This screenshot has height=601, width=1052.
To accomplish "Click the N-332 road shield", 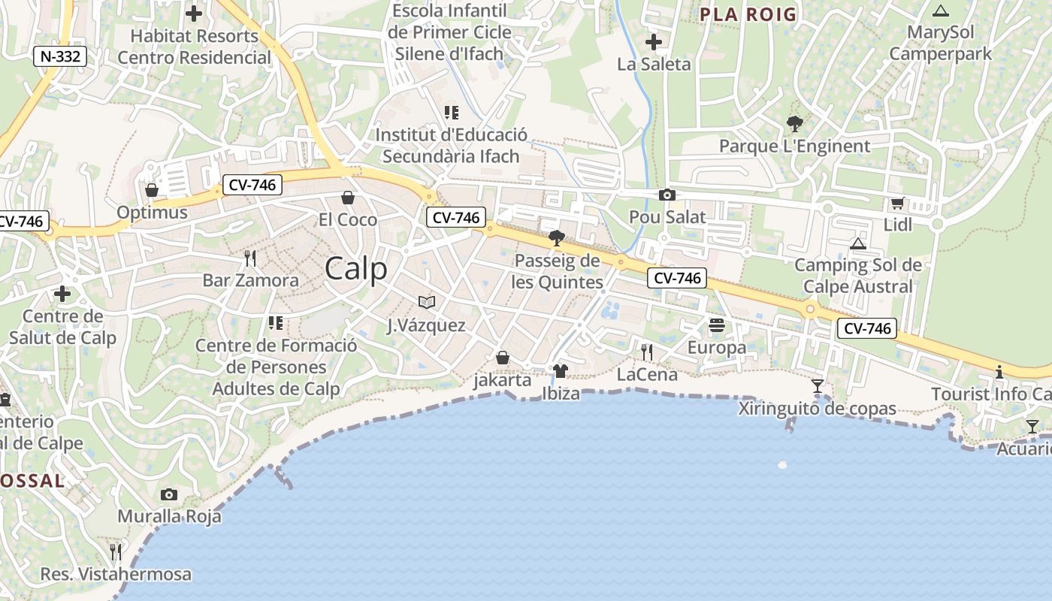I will [x=61, y=56].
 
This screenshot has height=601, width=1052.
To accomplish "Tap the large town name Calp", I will [x=356, y=269].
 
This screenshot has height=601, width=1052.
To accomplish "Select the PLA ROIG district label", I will [x=748, y=14].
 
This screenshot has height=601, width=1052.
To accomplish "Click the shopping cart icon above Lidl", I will [x=897, y=204].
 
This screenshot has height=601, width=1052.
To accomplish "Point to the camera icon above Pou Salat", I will [x=667, y=195].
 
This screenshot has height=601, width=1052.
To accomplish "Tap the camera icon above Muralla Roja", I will [x=169, y=494].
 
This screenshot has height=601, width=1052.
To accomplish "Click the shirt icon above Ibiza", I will [x=560, y=371].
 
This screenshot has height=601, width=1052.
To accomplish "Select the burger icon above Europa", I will [x=716, y=326].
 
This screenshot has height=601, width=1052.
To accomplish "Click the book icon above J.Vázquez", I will [x=427, y=302].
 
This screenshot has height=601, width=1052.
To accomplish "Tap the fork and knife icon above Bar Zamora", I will [x=250, y=258].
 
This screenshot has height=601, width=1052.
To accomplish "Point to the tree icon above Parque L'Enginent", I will [x=794, y=124].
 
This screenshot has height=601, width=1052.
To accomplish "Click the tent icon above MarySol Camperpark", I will [x=940, y=11].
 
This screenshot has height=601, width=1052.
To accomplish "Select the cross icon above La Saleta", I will [x=654, y=42].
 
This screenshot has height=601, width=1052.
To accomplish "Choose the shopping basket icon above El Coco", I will [x=348, y=198].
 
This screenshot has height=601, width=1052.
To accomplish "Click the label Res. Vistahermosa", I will [x=116, y=575].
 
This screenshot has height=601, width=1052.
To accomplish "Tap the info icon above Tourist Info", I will [x=999, y=372].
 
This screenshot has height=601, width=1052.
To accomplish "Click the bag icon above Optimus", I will [x=152, y=190].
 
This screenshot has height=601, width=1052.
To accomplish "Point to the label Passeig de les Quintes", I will [x=557, y=271].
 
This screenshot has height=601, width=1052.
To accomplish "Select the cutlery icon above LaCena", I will [x=646, y=352].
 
